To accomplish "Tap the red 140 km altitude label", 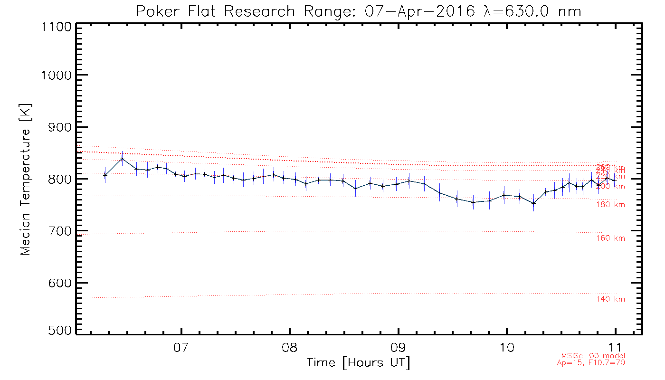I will click(610, 299).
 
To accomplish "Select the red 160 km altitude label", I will click(610, 238).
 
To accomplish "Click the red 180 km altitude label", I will click(610, 205).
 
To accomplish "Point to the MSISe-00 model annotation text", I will click(592, 356).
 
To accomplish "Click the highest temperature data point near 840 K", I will click(123, 159).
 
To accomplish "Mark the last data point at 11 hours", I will click(615, 180).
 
